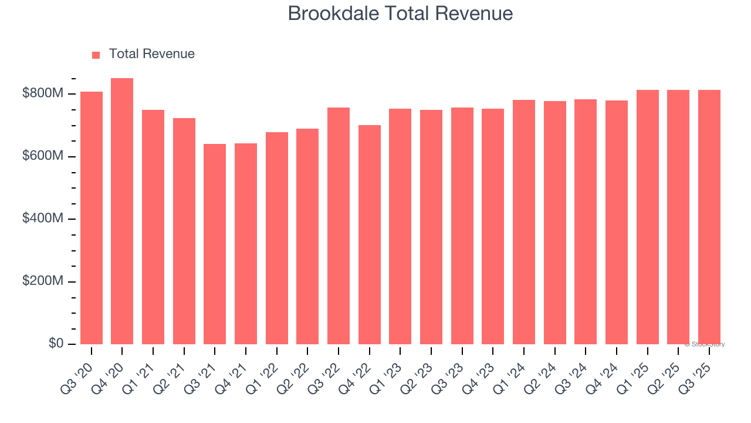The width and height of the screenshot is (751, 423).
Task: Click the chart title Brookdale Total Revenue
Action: pos(400,14)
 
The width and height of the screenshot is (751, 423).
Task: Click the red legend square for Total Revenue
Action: pos(96,55)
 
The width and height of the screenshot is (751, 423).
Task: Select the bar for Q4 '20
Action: pos(122,211)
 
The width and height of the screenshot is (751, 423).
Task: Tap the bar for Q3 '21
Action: pos(215,244)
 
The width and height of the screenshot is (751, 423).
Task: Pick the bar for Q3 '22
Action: pos(339,226)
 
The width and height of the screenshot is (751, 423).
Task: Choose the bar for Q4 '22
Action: pos(369,235)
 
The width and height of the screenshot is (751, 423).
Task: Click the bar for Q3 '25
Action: pos(709,217)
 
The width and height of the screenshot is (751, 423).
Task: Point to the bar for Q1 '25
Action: pos(647,217)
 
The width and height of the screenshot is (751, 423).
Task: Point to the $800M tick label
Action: pos(43,93)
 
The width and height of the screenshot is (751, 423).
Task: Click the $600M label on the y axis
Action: pos(43,156)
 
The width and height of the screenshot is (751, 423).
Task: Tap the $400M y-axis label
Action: pos(43,219)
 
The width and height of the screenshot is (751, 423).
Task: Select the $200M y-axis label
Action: pos(43,281)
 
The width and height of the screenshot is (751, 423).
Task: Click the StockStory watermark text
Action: pos(704,344)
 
